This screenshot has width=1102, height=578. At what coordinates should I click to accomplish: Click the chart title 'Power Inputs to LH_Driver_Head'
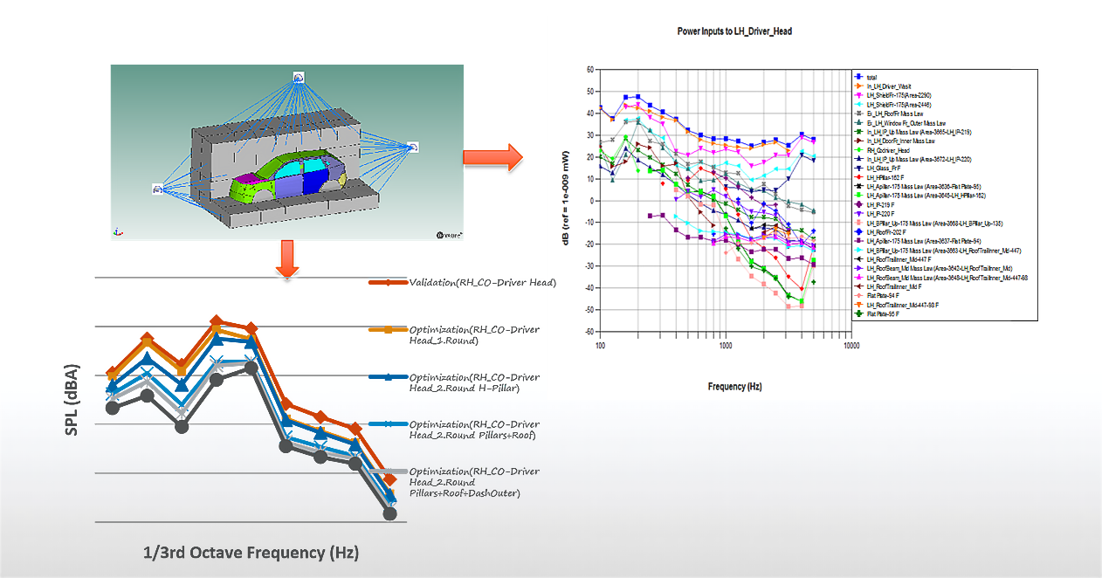[734, 31]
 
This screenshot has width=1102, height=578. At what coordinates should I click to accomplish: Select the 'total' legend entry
[874, 78]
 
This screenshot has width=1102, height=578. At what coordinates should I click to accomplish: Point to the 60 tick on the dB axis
[590, 69]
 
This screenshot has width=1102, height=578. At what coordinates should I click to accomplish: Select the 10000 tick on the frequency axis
[851, 347]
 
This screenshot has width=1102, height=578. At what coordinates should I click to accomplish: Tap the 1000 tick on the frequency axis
[726, 347]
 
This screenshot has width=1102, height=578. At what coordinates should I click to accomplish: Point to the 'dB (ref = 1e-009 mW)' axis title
[568, 201]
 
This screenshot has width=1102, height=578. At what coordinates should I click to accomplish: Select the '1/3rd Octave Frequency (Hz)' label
[251, 553]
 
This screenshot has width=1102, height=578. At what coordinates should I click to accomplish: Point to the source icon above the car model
[299, 77]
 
